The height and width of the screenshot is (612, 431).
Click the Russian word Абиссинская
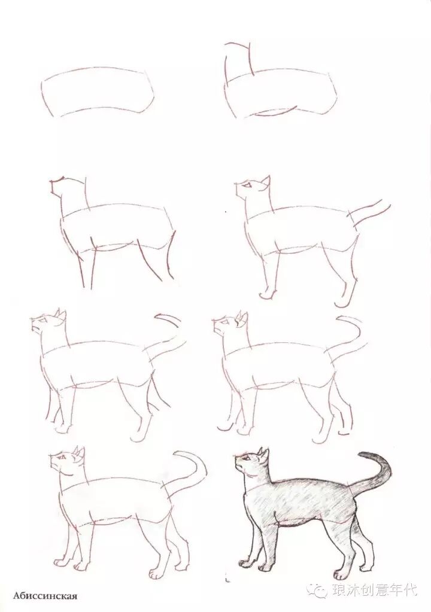45,596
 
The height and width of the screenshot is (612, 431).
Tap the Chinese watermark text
374,589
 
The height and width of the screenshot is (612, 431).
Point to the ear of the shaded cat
265,454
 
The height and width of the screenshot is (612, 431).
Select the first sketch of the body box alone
98,93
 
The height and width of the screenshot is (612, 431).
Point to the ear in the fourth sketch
266,181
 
